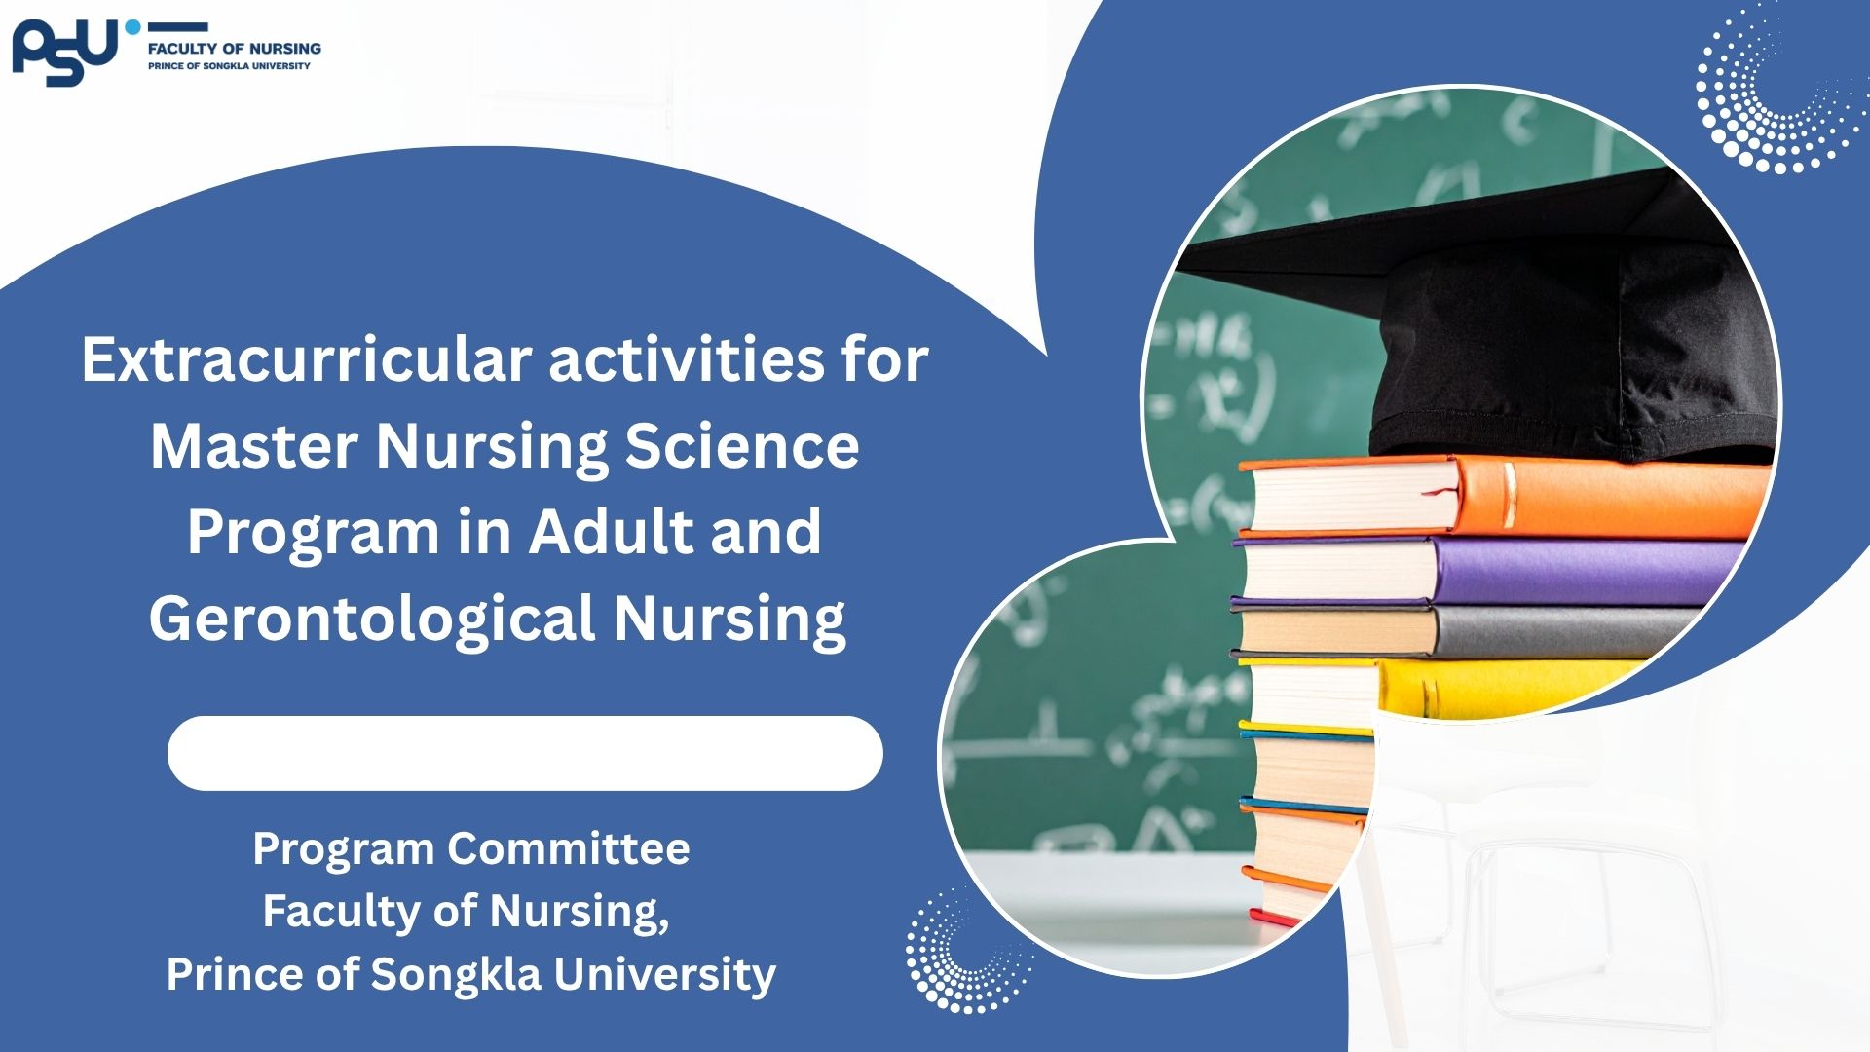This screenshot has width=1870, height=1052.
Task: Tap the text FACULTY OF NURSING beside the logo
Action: click(x=234, y=48)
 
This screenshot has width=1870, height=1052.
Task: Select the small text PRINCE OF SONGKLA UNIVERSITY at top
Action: click(x=229, y=66)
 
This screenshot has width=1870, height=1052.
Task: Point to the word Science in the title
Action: click(x=742, y=446)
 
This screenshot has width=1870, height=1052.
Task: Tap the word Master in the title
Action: click(x=254, y=446)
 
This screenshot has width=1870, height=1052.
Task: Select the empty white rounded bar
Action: click(x=525, y=753)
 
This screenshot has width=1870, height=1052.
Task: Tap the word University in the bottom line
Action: click(x=665, y=975)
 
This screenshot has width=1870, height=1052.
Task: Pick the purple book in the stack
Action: click(x=1490, y=571)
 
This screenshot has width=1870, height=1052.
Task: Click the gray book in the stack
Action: click(x=1471, y=631)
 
